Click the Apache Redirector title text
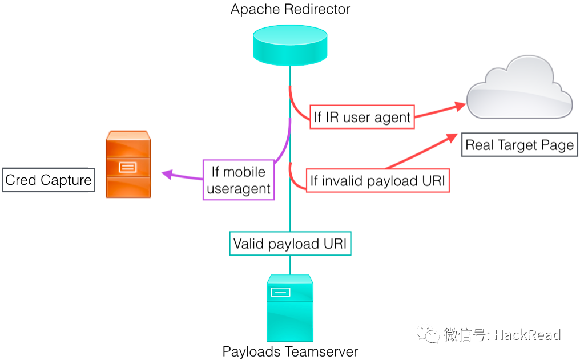tap(290, 9)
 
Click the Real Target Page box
tap(519, 145)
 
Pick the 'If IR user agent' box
tap(362, 118)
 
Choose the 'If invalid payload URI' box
tap(377, 181)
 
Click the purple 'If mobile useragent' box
tap(239, 180)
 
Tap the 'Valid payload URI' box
tap(290, 244)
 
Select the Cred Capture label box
tap(49, 180)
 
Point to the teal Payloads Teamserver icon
tap(290, 308)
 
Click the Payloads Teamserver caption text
tap(290, 351)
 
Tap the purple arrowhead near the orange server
tap(167, 173)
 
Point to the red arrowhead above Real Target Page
tap(451, 139)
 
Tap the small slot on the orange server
tap(127, 167)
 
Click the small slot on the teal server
tap(280, 292)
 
